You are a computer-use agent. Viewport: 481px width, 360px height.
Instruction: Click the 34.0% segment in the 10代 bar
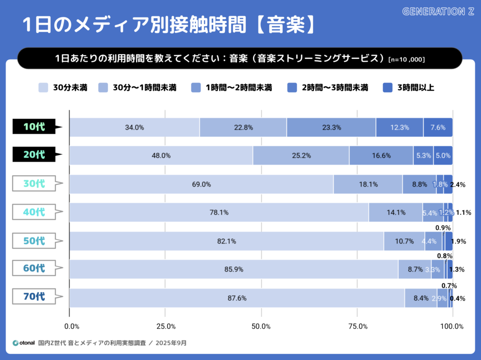(x=134, y=127)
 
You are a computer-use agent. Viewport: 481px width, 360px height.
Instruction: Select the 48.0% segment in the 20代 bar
(x=161, y=156)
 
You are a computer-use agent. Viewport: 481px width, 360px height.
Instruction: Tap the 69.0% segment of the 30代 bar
(x=201, y=184)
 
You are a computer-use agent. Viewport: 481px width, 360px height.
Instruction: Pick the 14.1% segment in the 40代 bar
(x=396, y=212)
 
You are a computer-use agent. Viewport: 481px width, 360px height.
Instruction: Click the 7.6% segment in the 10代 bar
(x=438, y=127)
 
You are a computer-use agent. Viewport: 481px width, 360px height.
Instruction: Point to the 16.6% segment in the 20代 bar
(x=381, y=156)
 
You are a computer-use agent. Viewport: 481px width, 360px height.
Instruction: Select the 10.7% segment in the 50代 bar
(x=404, y=241)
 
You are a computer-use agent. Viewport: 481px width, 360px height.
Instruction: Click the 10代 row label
(x=35, y=126)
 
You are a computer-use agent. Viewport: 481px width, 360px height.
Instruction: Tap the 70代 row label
(x=35, y=297)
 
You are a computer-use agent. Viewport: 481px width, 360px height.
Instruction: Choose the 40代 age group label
(x=35, y=212)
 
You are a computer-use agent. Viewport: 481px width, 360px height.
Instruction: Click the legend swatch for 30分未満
(x=43, y=87)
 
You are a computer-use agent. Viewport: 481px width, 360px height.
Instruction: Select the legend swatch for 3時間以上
(x=388, y=87)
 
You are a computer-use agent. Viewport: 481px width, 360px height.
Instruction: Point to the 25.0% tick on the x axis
(x=166, y=326)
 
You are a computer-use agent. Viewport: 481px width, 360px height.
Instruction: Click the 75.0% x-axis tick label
(x=357, y=326)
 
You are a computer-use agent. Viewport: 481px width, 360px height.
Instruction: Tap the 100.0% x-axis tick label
(x=452, y=326)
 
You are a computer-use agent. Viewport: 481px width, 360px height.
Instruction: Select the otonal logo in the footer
(x=23, y=343)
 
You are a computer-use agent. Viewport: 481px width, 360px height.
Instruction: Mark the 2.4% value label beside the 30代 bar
(x=458, y=185)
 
